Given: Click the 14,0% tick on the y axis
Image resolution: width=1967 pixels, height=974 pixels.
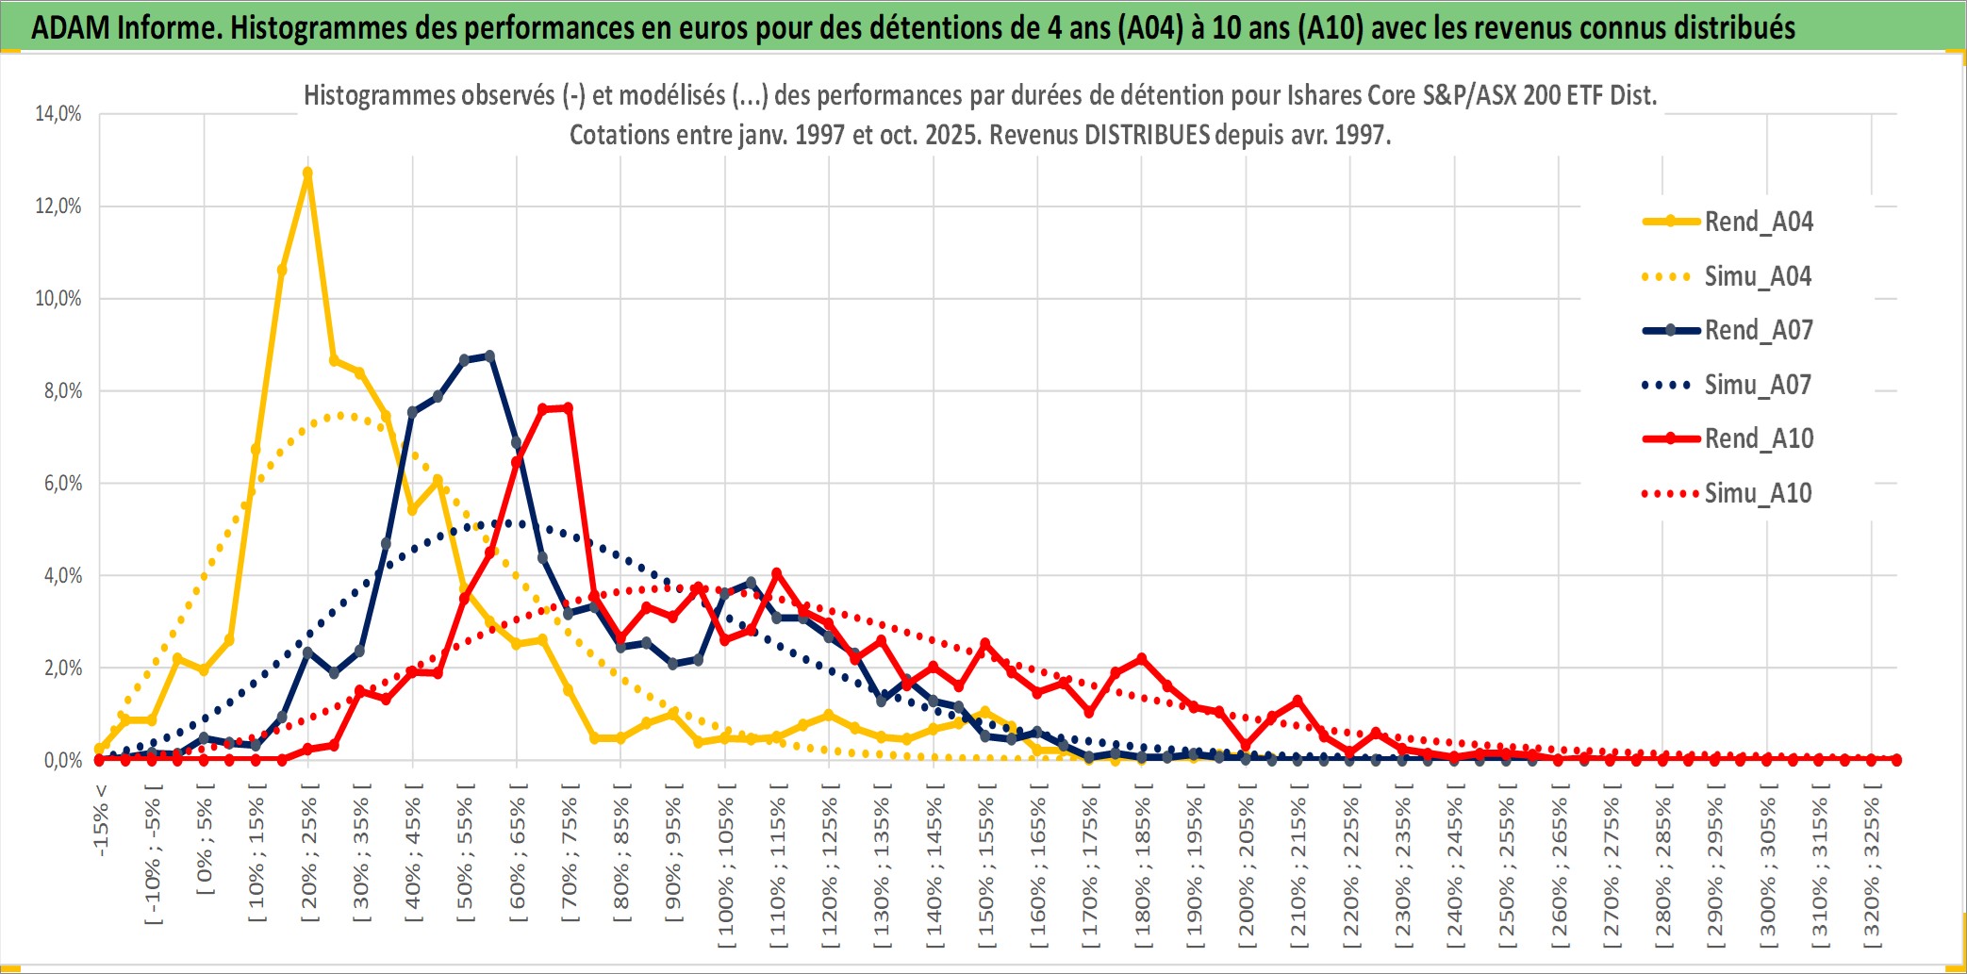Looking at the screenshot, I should click(x=58, y=114).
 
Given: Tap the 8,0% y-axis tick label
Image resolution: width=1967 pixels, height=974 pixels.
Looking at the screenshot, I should click(x=62, y=390).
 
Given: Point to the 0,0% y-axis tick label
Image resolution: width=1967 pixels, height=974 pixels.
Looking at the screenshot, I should click(x=62, y=760).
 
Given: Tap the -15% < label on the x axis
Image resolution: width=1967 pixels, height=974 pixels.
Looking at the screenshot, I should click(x=101, y=820).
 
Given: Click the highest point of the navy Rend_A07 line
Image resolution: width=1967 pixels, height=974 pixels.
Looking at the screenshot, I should click(x=489, y=356).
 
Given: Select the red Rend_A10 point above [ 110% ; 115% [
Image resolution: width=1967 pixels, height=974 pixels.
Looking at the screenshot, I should click(x=777, y=573).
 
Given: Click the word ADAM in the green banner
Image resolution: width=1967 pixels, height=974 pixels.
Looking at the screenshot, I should click(x=70, y=28).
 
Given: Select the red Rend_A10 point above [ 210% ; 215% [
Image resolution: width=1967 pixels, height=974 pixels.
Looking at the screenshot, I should click(x=1298, y=701).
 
